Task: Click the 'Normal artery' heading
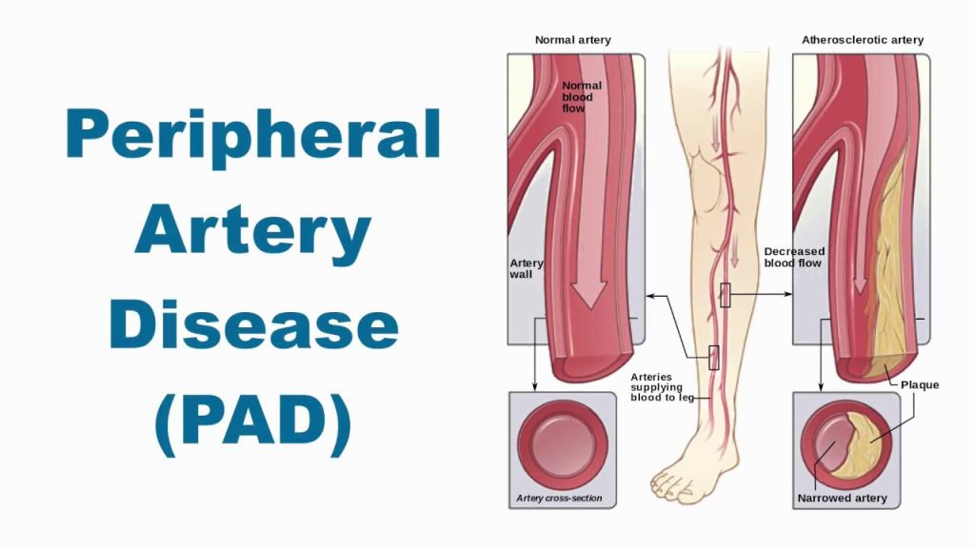pos(572,40)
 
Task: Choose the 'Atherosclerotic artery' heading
pos(862,40)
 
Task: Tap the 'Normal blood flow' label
pos(576,96)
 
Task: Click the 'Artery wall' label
pos(527,268)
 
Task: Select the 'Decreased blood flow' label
pos(793,257)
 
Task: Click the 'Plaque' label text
pos(920,385)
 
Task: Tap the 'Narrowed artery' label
pos(842,498)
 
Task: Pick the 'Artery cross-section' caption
pos(559,498)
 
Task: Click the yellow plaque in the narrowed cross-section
pos(868,440)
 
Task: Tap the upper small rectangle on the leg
pos(725,295)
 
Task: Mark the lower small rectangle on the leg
pos(713,357)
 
